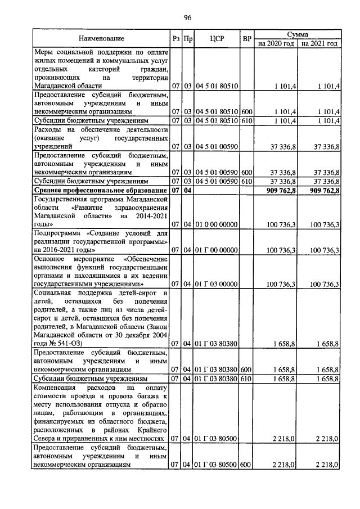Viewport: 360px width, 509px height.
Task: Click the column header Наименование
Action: point(101,39)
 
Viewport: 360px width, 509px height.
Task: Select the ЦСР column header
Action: point(217,39)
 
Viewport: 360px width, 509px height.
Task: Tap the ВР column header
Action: point(246,39)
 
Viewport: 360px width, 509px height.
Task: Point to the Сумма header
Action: point(297,34)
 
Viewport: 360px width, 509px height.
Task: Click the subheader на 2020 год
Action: point(276,43)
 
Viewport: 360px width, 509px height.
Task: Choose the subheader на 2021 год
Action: point(319,43)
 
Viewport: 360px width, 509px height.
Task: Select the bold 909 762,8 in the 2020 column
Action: point(278,191)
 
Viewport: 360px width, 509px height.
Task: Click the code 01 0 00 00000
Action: point(217,224)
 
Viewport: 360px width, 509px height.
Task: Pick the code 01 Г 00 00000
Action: point(217,249)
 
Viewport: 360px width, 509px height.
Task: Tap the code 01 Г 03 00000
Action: point(217,284)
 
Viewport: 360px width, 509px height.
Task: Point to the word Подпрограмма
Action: point(56,232)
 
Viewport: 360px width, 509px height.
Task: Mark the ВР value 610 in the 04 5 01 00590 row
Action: point(246,182)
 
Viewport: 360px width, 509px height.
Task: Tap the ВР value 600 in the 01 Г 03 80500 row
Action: point(246,465)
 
